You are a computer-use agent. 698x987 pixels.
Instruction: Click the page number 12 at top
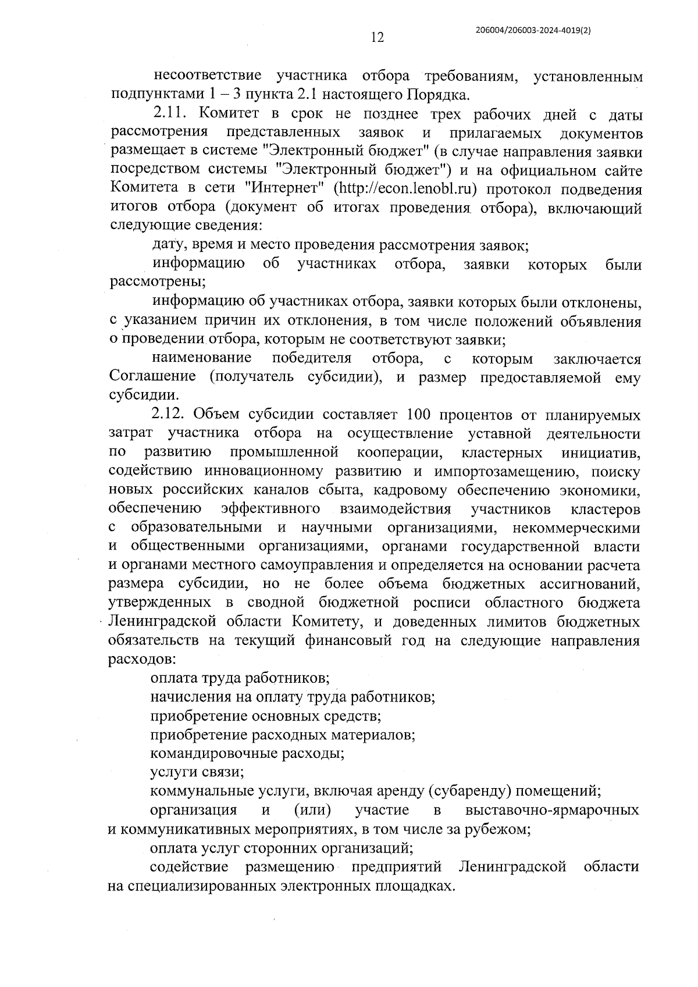click(377, 38)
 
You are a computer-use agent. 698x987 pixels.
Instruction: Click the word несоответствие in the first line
click(206, 76)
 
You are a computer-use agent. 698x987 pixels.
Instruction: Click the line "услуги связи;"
click(197, 772)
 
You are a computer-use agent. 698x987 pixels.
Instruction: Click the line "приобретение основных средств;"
click(265, 715)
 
